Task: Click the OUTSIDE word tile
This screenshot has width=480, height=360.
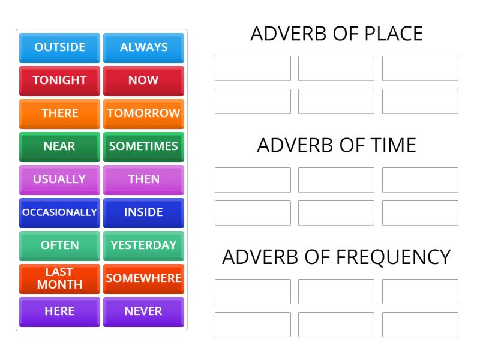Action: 59,47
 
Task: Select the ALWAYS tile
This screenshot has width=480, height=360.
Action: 143,47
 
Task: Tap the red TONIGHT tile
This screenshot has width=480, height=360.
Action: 59,80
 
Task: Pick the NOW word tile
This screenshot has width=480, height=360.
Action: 143,80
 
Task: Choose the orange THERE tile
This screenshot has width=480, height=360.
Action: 59,113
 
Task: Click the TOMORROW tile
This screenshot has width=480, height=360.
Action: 143,113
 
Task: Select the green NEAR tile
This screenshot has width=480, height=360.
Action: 59,146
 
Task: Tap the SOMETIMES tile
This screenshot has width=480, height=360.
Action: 143,146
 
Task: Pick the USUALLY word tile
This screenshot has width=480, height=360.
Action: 59,179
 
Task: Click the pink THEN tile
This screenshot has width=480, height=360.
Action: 143,179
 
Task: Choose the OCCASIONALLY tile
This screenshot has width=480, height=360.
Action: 59,212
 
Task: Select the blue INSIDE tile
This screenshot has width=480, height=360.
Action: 143,212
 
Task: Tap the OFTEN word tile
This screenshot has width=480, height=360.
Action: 59,245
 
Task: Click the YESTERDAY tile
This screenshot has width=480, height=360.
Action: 143,245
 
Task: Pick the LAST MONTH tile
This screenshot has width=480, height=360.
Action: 59,278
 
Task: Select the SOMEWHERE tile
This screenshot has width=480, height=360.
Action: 143,278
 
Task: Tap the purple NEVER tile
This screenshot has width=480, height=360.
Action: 143,311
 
